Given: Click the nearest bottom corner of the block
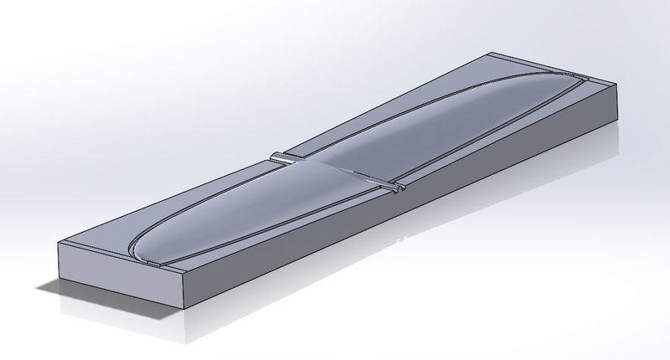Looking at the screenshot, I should coord(183,306).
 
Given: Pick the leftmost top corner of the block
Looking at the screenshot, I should coord(56,243).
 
